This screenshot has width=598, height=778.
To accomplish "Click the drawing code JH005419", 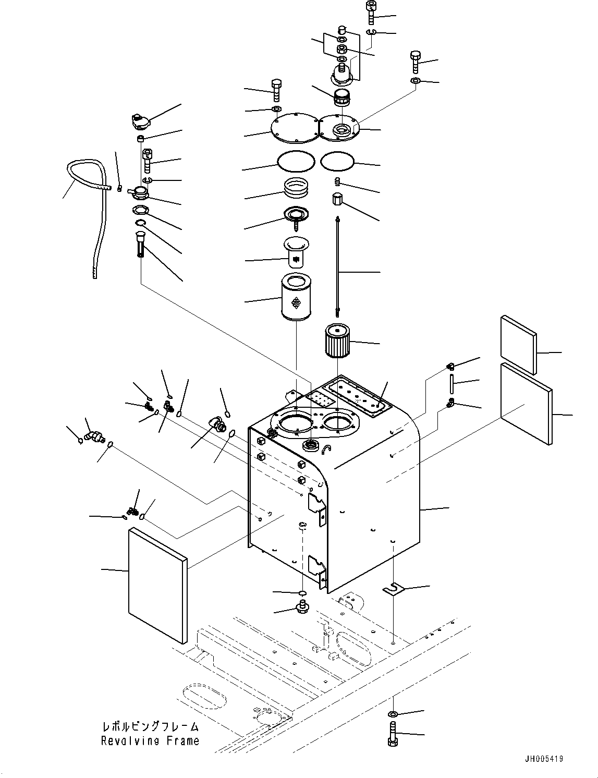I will click(543, 759).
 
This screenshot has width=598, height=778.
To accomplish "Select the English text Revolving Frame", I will click(150, 741).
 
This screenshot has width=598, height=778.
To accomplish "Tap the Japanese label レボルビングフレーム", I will click(150, 727).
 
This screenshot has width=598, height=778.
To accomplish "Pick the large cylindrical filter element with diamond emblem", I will click(296, 297).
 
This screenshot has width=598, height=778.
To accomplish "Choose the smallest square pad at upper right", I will click(518, 344).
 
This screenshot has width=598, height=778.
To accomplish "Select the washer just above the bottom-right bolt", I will click(393, 713).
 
